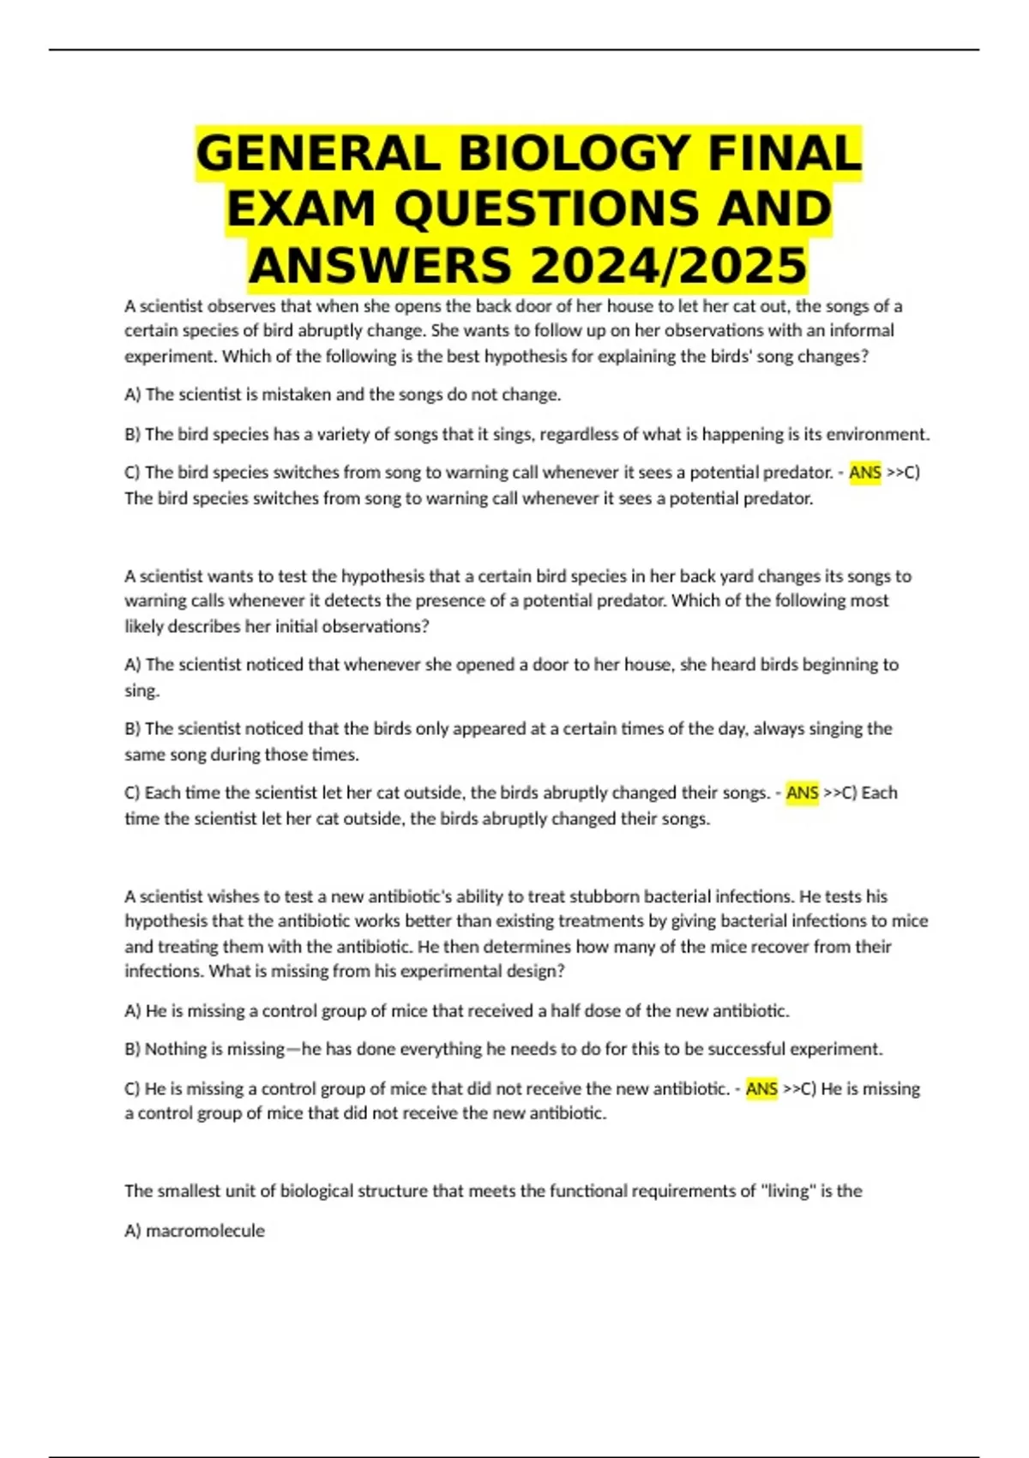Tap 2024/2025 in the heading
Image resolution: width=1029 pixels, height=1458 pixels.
click(x=669, y=265)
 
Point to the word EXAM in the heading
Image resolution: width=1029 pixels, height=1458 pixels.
click(x=300, y=209)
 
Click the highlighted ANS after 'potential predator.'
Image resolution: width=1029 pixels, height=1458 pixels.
click(x=864, y=473)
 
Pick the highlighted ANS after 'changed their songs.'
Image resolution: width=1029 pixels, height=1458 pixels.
click(x=802, y=793)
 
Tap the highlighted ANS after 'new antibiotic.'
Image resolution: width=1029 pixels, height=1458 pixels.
click(x=761, y=1089)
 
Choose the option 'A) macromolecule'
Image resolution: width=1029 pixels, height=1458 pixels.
click(x=195, y=1231)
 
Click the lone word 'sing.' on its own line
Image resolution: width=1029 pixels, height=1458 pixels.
click(x=142, y=691)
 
